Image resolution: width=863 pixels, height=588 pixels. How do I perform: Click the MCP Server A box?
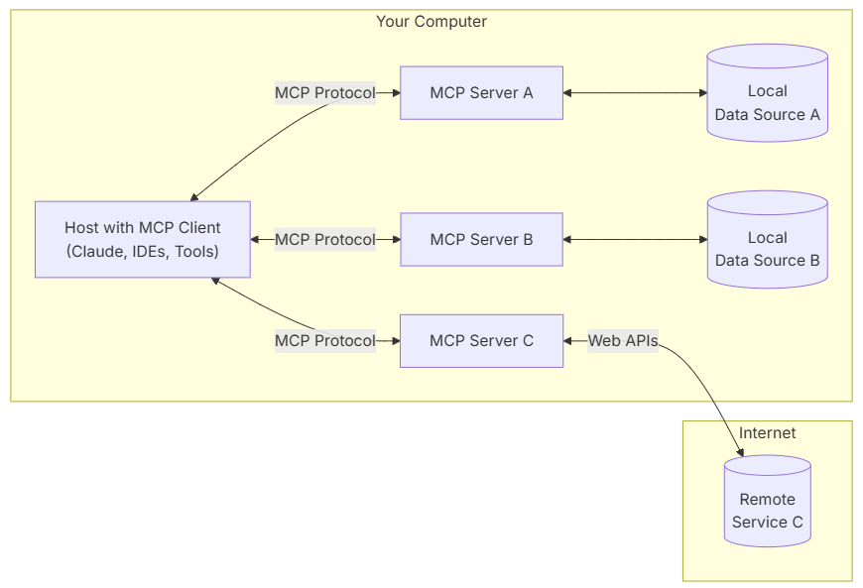[481, 93]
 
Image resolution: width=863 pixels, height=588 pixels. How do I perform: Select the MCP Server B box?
[481, 240]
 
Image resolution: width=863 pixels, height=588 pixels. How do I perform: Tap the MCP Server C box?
[481, 341]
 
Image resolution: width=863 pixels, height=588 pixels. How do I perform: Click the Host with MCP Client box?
[143, 240]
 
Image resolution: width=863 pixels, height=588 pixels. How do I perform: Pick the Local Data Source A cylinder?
[767, 103]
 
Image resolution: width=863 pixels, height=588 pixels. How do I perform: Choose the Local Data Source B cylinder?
[767, 249]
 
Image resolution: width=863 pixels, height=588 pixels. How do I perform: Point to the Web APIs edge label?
[623, 341]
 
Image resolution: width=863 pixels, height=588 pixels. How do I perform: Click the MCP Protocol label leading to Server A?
[325, 93]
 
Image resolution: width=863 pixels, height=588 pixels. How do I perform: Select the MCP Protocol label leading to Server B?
[325, 240]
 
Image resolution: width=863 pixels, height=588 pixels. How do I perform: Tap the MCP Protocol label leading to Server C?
[325, 341]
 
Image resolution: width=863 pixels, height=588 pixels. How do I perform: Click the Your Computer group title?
[431, 22]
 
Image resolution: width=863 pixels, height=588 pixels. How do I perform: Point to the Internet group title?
[767, 433]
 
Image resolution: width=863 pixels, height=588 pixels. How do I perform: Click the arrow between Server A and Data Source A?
[635, 93]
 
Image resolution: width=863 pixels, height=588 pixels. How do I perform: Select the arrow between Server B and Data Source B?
[635, 240]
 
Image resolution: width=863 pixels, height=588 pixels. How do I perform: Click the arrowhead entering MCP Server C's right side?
[569, 341]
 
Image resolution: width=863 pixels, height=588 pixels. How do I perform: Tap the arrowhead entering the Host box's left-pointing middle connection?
[256, 240]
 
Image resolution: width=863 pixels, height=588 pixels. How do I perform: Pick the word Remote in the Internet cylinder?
[767, 500]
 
